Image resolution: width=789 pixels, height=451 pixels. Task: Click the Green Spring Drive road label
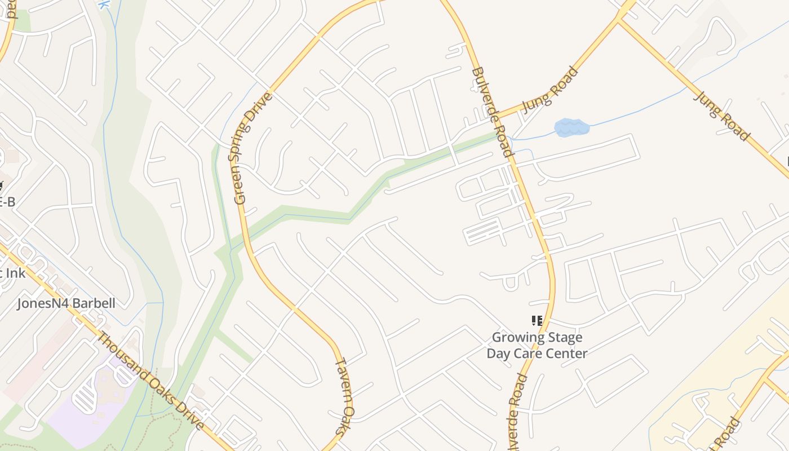[x=253, y=148]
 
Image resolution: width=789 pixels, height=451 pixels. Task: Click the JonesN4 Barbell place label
[x=66, y=303]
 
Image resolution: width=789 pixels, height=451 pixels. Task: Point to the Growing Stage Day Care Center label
[x=537, y=346]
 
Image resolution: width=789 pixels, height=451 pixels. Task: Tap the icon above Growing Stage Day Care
[x=537, y=321]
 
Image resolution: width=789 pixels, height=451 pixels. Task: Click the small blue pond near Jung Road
[x=571, y=127]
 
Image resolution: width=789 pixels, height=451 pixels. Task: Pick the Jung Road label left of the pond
[x=549, y=90]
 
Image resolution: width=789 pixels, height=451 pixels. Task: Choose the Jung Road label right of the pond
[x=721, y=116]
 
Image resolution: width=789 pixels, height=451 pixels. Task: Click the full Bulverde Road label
[x=492, y=112]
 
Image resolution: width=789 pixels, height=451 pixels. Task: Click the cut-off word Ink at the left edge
[x=16, y=273]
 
